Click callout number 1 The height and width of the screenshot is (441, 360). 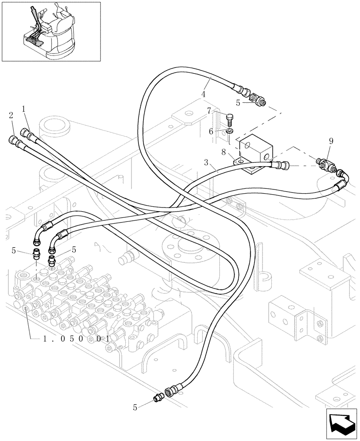(x=23, y=108)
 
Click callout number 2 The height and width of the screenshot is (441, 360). (x=10, y=116)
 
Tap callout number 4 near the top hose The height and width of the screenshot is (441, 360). (x=203, y=94)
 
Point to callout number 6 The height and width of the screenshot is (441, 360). (x=211, y=131)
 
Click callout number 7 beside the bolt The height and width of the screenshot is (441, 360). (x=209, y=111)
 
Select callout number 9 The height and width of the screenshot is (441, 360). (x=331, y=141)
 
